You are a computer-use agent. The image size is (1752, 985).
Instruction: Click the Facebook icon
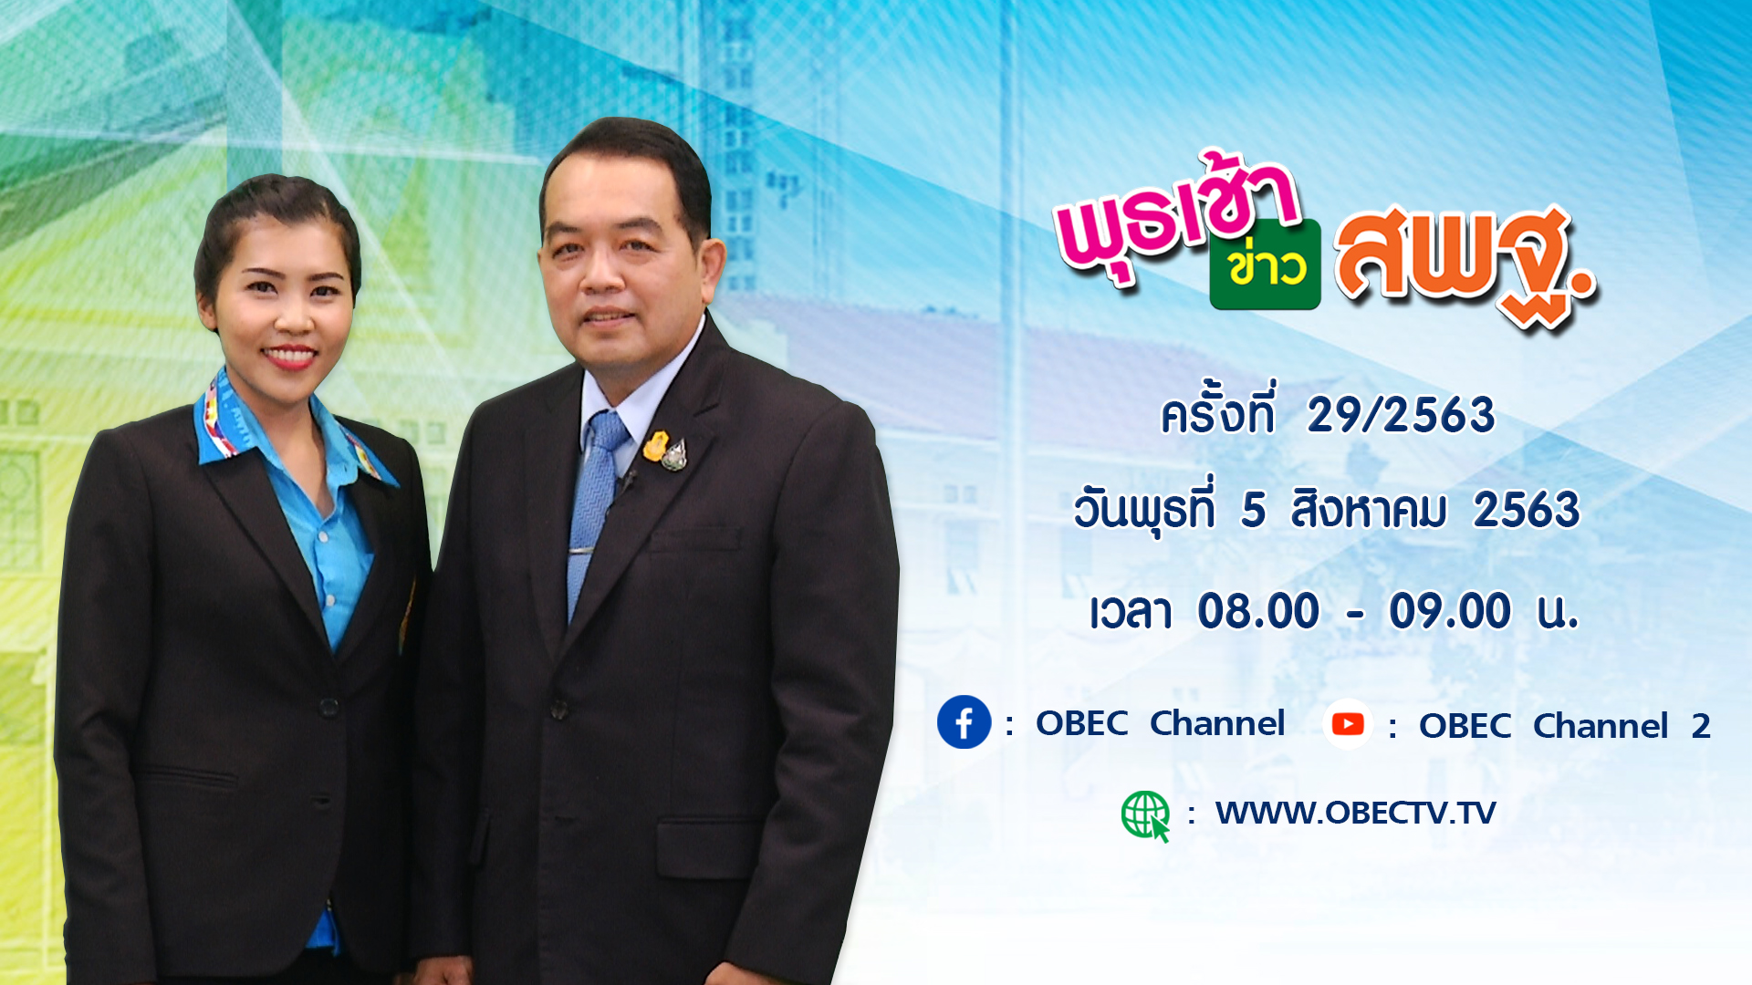pos(964,722)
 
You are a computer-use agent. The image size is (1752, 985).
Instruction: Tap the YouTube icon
pos(1348,724)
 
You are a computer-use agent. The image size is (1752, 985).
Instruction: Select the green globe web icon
pos(1145,815)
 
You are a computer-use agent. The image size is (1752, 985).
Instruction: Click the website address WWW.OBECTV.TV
pos(1355,813)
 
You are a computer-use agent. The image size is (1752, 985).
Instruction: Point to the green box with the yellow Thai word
pos(1266,264)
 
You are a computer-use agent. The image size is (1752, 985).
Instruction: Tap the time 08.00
pos(1258,611)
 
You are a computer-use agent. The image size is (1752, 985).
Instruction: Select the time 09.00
pos(1450,611)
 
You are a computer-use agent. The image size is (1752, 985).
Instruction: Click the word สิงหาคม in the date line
pos(1369,509)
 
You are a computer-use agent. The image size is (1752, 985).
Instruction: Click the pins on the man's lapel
pos(665,451)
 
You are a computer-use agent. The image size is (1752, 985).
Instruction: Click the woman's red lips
pos(289,356)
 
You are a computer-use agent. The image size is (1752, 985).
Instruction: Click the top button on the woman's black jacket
pos(329,707)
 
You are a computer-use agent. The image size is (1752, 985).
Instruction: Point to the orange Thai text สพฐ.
pos(1465,264)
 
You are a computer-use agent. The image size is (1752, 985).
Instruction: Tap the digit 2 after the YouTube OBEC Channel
pos(1701,727)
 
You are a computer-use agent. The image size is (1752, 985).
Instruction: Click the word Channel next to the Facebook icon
pos(1217,723)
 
